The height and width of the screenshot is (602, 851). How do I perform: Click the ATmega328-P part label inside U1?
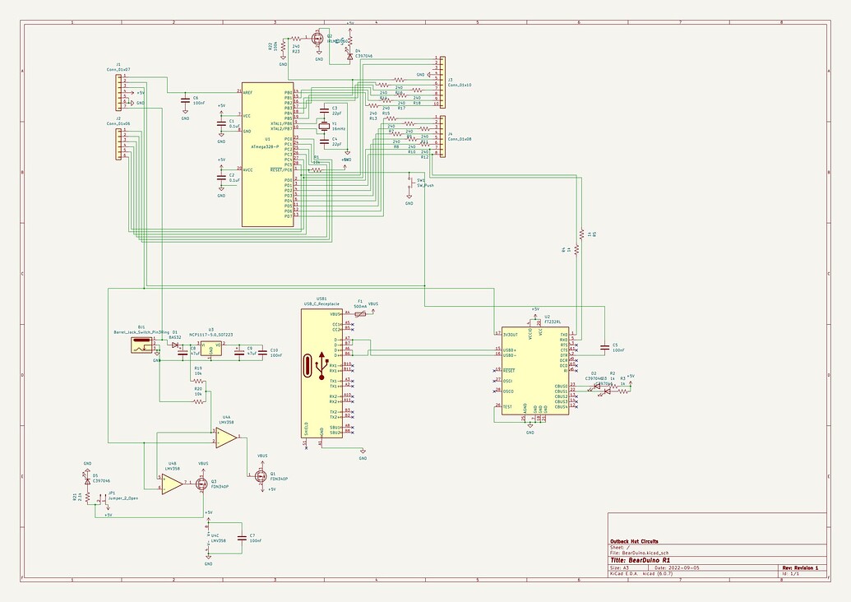click(266, 146)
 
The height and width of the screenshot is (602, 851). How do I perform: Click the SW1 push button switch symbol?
click(409, 186)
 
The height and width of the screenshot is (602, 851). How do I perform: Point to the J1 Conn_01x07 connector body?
click(119, 91)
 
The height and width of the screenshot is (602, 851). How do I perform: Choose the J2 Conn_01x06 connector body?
click(119, 143)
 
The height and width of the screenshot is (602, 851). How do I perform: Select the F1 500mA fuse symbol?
click(360, 313)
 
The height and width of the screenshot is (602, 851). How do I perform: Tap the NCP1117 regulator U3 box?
click(211, 351)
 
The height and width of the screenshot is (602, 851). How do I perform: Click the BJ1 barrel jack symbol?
click(143, 346)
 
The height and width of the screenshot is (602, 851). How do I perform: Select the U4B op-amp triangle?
click(171, 484)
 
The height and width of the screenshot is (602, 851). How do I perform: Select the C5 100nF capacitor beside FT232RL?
click(604, 347)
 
